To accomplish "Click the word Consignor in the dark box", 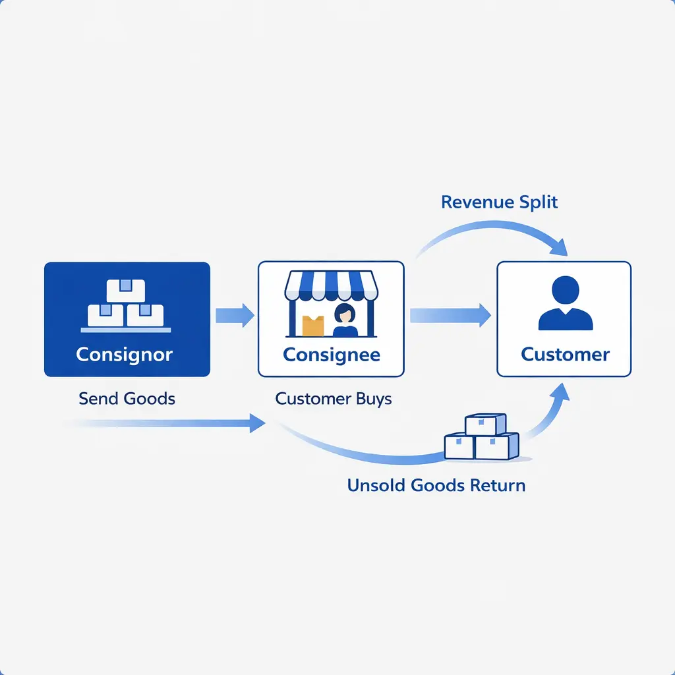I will [125, 355].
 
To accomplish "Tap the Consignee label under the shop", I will [331, 355].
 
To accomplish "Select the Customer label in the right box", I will [565, 355].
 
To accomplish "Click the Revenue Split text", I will [499, 202].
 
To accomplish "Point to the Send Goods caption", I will [127, 398].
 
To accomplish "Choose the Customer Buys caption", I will [334, 398].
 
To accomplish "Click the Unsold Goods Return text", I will [436, 486].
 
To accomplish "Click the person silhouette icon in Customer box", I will [566, 303].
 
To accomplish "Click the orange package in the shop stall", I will [313, 325].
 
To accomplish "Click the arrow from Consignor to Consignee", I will [235, 315].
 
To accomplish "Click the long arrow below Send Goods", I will [165, 423].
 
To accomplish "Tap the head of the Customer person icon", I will [566, 289].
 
